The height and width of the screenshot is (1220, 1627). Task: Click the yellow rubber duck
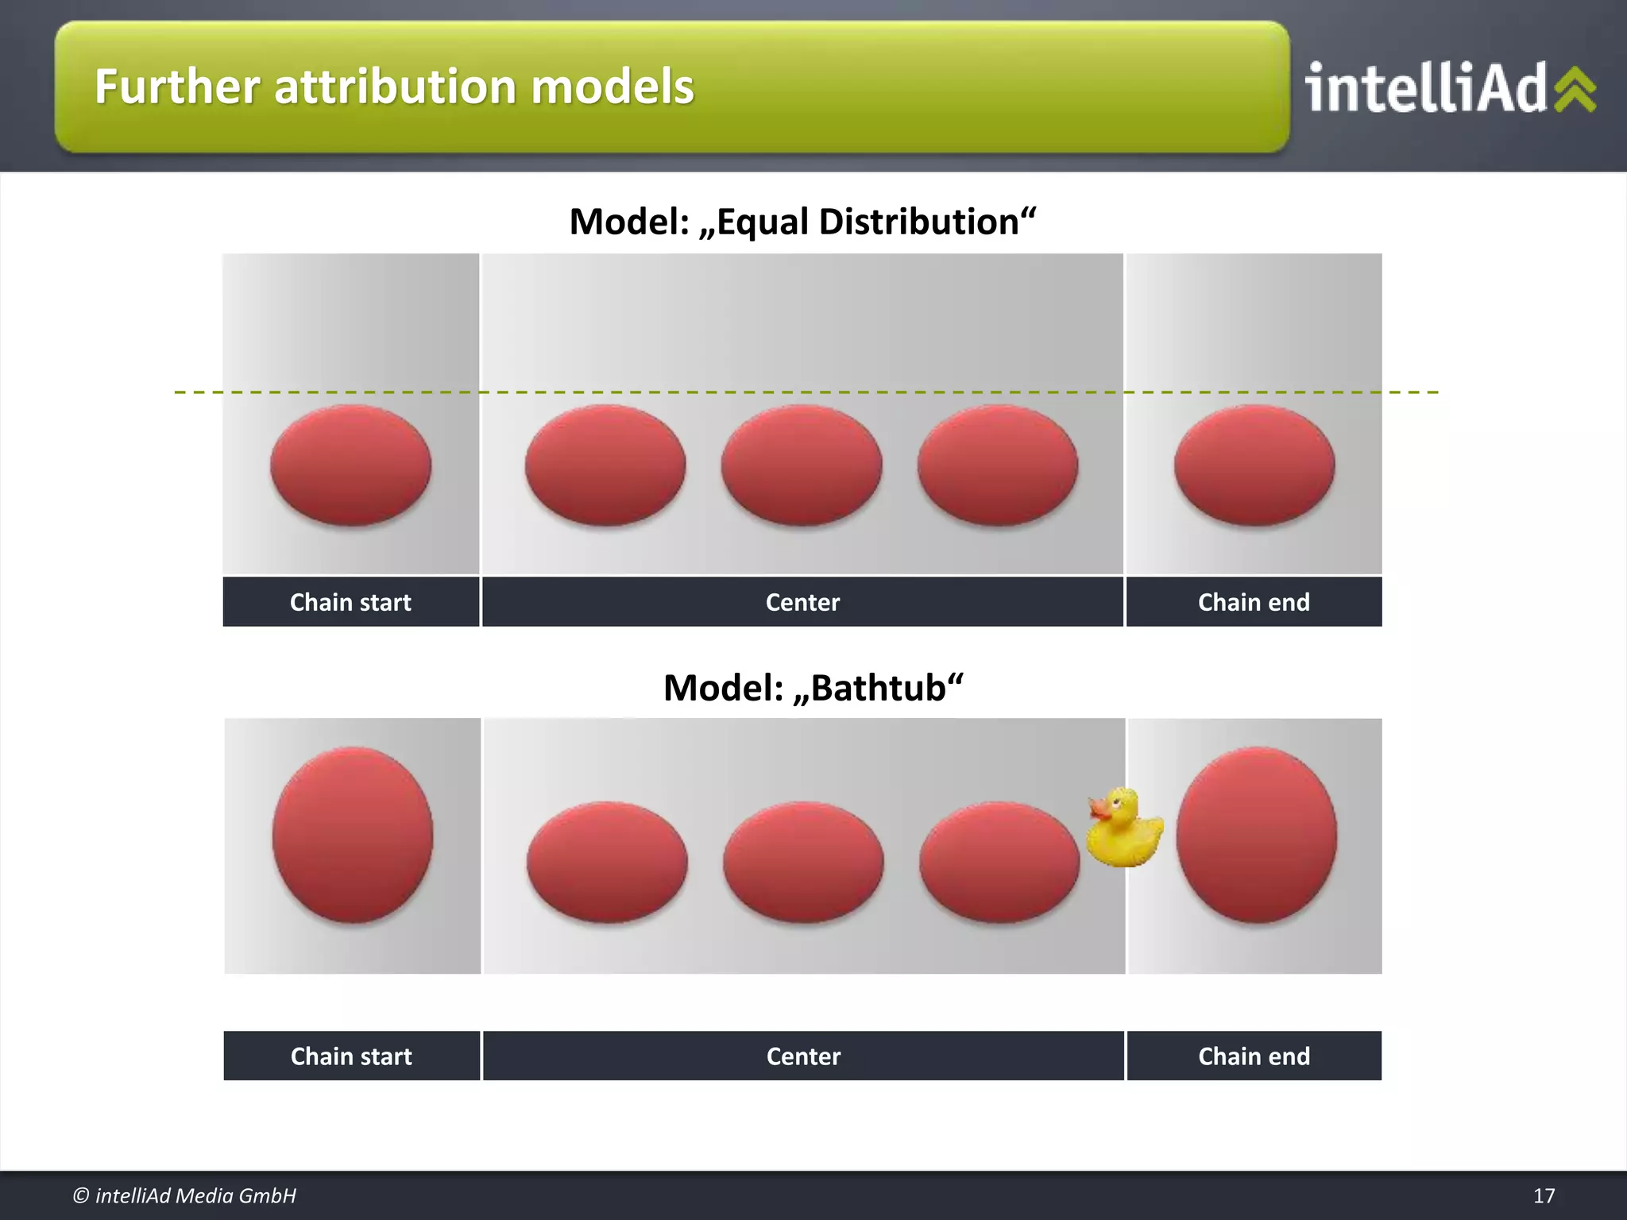point(1124,830)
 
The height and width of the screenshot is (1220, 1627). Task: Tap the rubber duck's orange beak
point(1099,810)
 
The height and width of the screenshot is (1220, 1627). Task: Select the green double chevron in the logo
point(1575,89)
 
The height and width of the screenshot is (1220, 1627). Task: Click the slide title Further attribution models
point(394,87)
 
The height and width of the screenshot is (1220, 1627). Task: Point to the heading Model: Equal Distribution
point(802,222)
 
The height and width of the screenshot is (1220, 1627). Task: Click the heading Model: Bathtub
point(813,688)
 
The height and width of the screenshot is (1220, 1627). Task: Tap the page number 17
point(1544,1195)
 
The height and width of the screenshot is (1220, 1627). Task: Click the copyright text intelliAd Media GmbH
point(184,1195)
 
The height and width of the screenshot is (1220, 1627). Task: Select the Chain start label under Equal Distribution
point(350,602)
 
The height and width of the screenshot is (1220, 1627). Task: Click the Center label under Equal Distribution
point(802,602)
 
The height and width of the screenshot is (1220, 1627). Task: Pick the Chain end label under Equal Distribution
point(1254,602)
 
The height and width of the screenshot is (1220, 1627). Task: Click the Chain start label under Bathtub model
point(351,1056)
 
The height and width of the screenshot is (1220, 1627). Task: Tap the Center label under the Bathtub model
point(803,1056)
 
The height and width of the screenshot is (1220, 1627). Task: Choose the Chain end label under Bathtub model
point(1254,1056)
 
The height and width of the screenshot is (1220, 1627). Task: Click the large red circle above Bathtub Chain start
point(352,834)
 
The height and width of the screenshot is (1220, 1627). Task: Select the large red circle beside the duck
point(1256,834)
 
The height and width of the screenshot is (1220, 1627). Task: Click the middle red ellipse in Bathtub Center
point(803,862)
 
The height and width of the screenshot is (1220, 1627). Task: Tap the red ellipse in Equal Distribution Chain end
point(1254,465)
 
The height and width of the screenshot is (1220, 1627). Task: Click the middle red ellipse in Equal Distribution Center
point(802,465)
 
